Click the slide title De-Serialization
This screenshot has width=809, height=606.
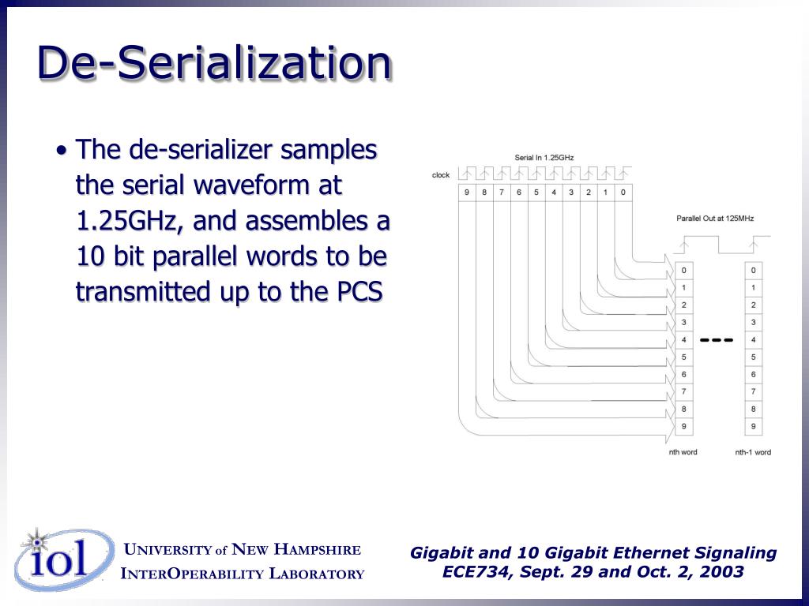tap(214, 63)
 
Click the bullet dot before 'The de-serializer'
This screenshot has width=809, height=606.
tap(62, 151)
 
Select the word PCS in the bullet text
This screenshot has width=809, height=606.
tap(360, 291)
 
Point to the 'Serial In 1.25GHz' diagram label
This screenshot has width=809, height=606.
tap(544, 158)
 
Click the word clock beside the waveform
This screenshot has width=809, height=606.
tap(441, 175)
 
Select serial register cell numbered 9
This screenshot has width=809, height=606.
tap(467, 192)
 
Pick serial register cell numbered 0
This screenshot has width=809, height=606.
tap(623, 192)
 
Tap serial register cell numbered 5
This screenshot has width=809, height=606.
tap(536, 192)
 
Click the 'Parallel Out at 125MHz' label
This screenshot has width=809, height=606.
tap(715, 219)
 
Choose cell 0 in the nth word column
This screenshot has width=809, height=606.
tap(683, 271)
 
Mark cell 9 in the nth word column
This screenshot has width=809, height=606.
tap(683, 427)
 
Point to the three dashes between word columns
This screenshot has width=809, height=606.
tap(717, 340)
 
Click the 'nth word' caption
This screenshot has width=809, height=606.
tap(683, 452)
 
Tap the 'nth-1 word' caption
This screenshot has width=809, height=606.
tap(753, 452)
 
